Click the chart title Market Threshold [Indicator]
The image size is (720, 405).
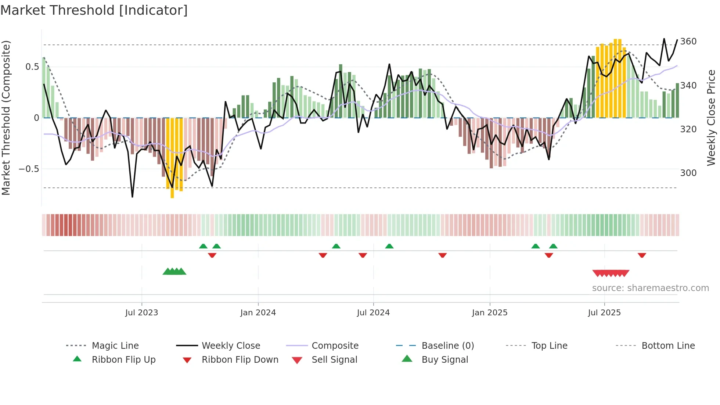94,10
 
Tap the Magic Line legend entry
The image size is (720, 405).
115,345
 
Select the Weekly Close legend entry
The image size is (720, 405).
231,345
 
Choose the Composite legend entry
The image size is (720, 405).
335,345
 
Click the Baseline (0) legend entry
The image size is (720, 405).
447,345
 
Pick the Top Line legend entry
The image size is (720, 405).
549,345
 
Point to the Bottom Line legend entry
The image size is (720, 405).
668,345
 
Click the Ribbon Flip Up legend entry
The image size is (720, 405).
123,359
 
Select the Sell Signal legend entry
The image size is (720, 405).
334,359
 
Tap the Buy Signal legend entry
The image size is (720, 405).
444,359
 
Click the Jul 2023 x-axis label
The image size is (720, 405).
141,312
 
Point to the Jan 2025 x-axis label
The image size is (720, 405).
489,312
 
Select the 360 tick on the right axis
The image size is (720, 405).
688,41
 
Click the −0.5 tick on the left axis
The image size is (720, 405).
29,169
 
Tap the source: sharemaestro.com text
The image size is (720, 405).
650,288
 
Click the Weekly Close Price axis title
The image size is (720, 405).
711,118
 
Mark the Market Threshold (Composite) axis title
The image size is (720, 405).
6,118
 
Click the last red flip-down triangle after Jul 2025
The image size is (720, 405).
642,255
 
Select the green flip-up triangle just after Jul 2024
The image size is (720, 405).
389,246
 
